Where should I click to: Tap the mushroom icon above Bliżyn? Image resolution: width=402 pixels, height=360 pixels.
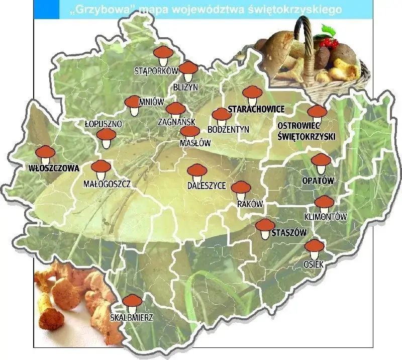click(x=189, y=70)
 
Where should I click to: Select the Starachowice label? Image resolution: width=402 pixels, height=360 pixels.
click(x=256, y=109)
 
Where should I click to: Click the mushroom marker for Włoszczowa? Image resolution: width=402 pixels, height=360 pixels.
click(x=46, y=153)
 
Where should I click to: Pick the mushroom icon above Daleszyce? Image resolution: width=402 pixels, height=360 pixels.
click(x=196, y=171)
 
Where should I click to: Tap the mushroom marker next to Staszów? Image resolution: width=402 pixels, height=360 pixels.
click(x=264, y=228)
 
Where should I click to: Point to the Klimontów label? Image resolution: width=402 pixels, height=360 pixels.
click(x=326, y=217)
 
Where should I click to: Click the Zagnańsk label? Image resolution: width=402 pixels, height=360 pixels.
click(x=176, y=122)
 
